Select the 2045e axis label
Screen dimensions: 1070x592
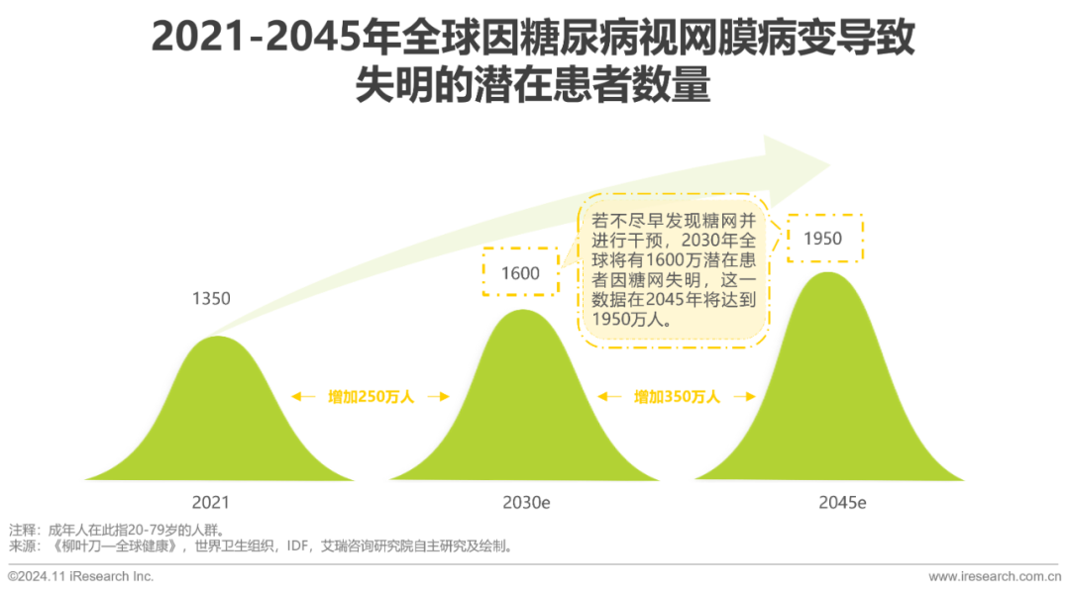[842, 503]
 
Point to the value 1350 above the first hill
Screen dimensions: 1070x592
[210, 297]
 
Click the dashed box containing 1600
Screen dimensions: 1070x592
[520, 272]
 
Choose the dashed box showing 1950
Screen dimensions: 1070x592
[825, 238]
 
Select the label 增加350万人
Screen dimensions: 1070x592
[677, 397]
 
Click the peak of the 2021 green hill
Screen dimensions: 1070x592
[216, 338]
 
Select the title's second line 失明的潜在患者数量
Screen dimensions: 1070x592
[534, 87]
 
